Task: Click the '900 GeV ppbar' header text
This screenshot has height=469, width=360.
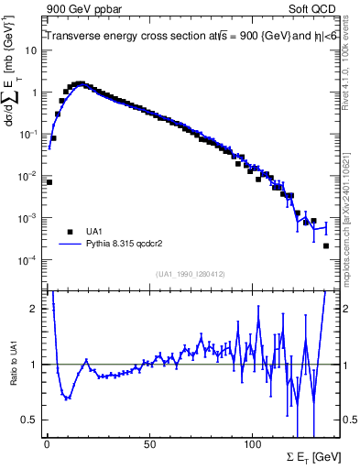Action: pos(83,9)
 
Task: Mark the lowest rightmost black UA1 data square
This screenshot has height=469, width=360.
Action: pos(326,245)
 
